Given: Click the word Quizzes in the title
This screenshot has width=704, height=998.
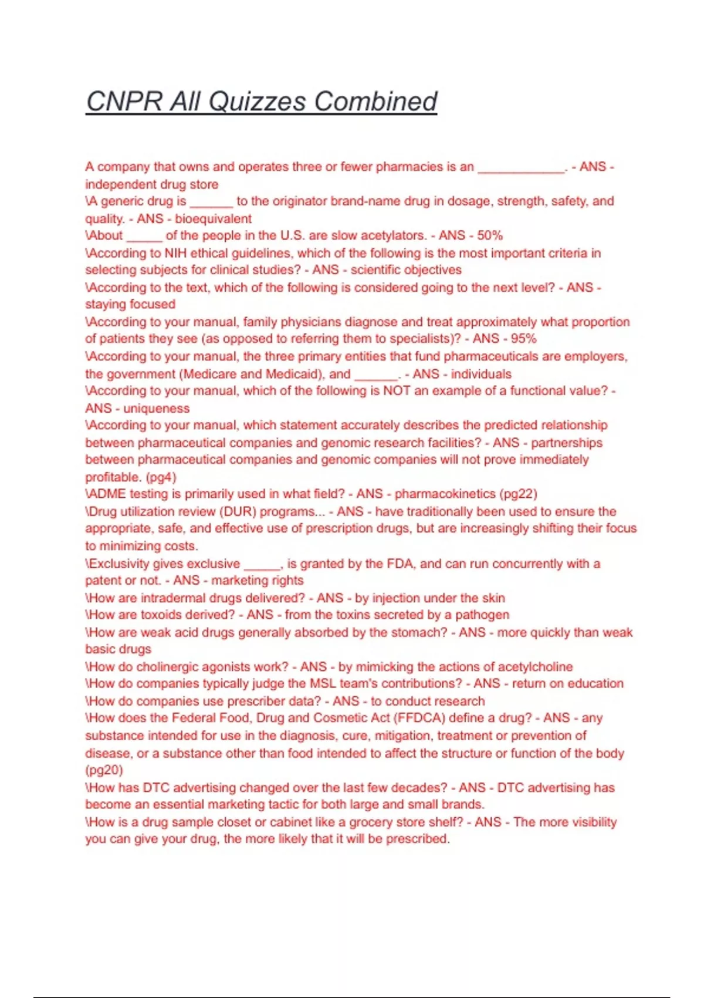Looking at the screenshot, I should click(x=256, y=102).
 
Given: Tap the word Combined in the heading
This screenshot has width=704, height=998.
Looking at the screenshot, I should click(x=375, y=102).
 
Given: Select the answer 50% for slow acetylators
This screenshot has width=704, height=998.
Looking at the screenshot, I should click(x=490, y=235).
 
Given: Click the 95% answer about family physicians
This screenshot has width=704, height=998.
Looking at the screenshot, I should click(x=524, y=339).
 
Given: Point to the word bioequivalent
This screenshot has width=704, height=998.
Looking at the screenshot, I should click(x=213, y=219).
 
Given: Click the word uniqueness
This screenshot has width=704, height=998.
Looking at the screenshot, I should click(x=157, y=408).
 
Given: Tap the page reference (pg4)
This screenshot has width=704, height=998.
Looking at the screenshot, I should click(x=160, y=477).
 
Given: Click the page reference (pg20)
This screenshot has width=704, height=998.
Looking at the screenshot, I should click(x=104, y=770).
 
